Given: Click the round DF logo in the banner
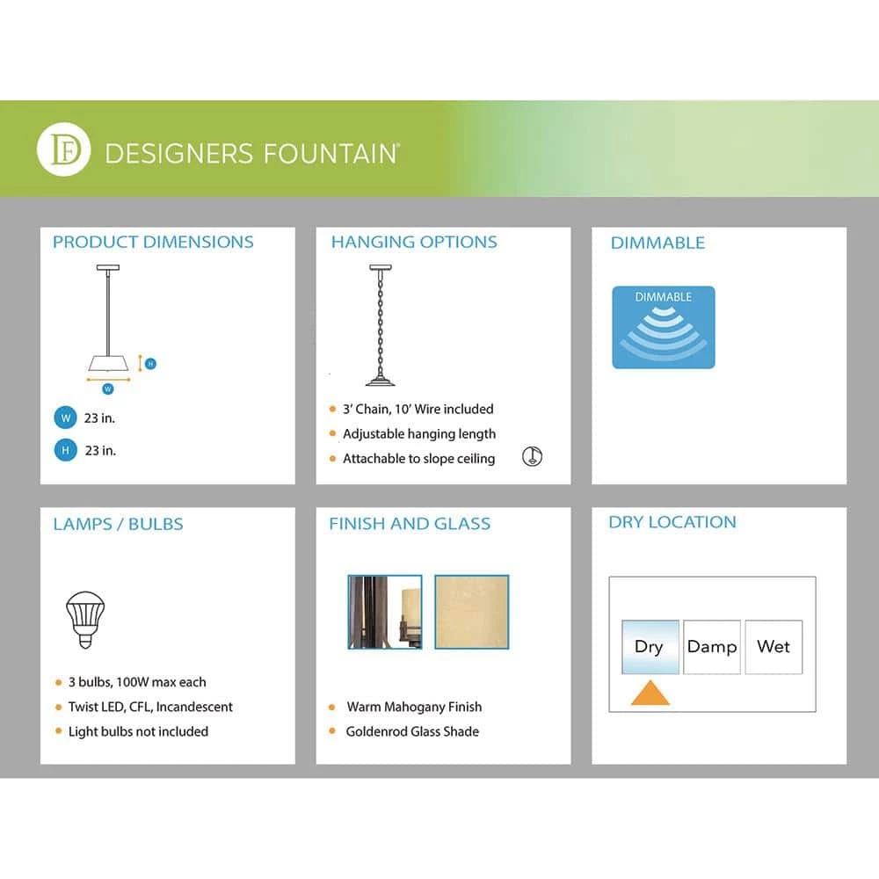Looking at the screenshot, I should point(64,151).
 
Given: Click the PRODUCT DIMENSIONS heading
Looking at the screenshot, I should point(153,242).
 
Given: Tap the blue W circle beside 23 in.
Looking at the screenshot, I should point(64,418).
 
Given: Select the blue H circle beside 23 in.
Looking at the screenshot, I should point(64,451).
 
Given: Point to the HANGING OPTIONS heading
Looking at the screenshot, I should point(414,242).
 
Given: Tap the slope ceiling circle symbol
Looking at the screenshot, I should point(532,456).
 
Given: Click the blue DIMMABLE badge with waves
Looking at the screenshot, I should point(664,327).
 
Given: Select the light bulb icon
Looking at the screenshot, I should point(85,618).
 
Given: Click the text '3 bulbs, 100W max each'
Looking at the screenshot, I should point(137,682).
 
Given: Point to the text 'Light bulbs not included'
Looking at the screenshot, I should point(138,731).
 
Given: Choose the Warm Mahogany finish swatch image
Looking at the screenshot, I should point(385,612).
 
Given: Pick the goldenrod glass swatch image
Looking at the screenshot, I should point(471,612).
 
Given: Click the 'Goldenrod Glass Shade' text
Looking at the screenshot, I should point(412,731).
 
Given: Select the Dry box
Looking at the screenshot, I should point(650,647).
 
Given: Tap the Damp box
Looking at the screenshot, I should point(712,647).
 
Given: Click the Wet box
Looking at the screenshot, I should point(774,647).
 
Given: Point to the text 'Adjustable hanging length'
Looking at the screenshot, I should point(419,434).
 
